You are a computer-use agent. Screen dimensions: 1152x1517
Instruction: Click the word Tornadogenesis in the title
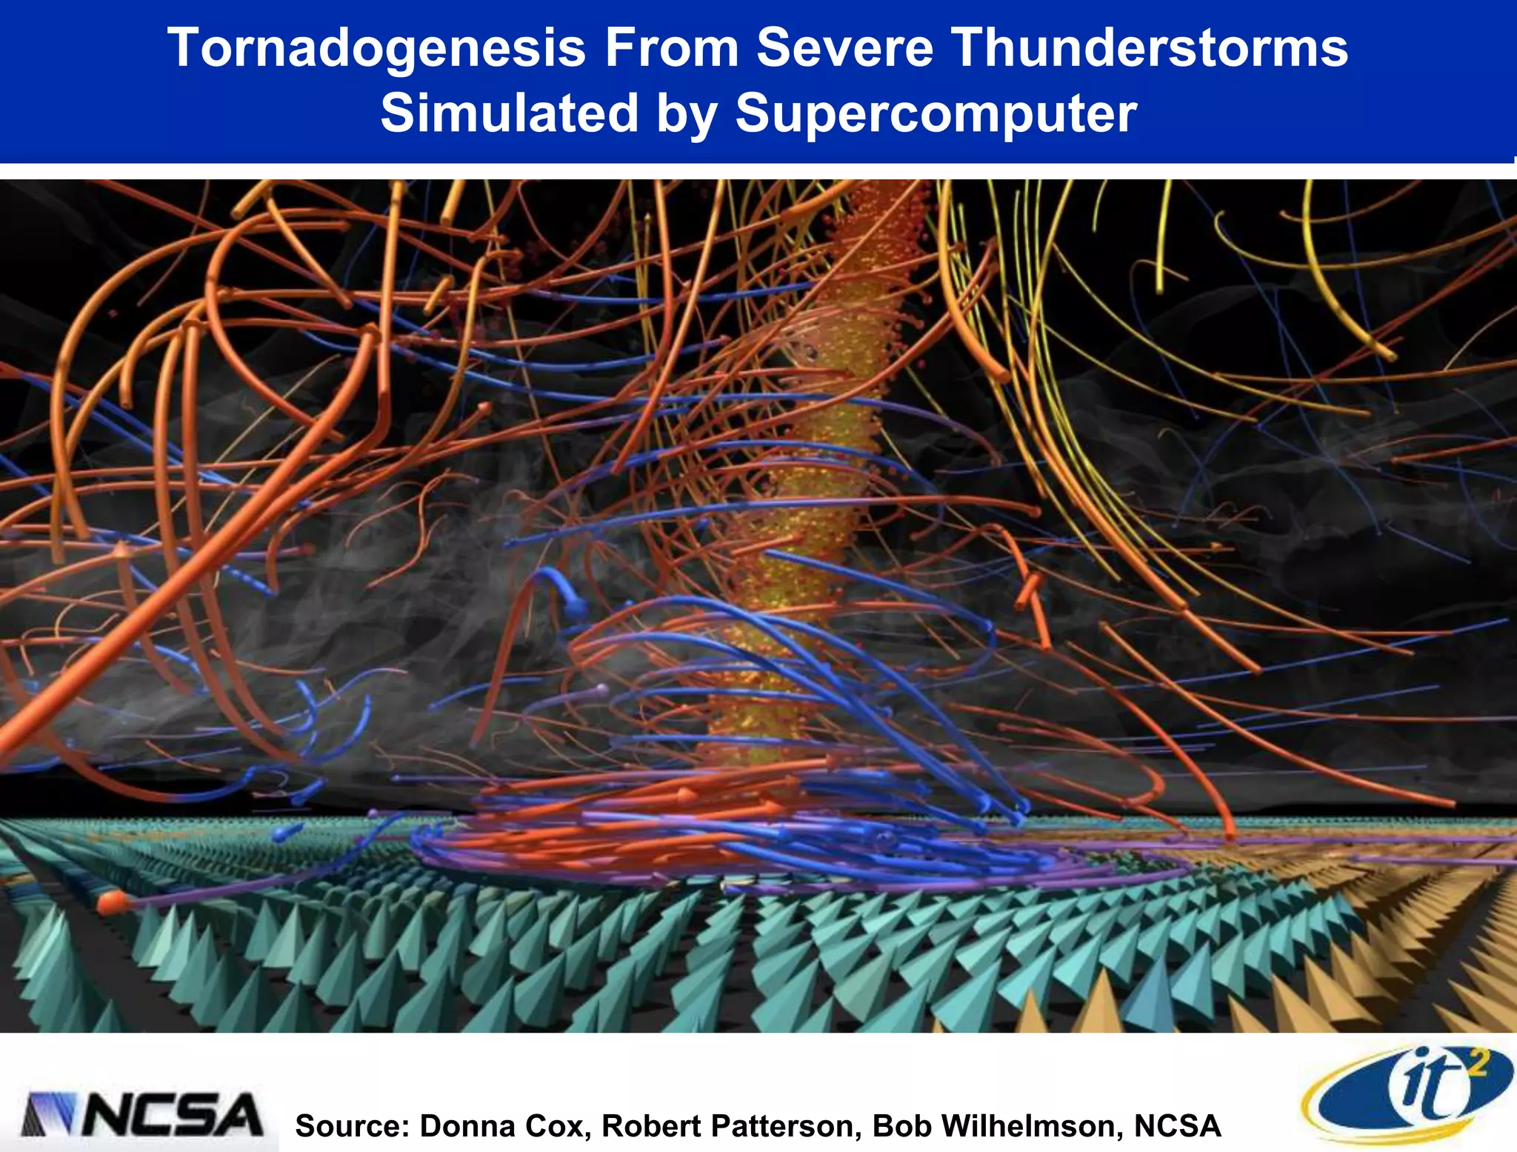(x=376, y=48)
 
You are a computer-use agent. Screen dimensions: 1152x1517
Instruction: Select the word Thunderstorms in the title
(x=1150, y=48)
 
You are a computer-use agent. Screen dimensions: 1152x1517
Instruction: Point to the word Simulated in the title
(x=510, y=113)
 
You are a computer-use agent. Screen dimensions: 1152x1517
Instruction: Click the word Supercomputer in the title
(x=936, y=113)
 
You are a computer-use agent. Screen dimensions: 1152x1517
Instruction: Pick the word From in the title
(x=672, y=48)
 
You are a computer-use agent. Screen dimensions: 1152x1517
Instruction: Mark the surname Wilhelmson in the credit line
(x=1030, y=1126)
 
